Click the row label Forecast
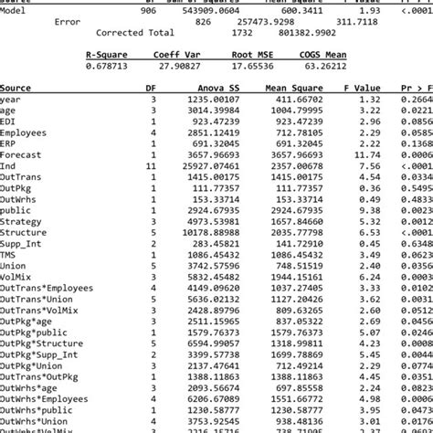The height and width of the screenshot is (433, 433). pos(20,155)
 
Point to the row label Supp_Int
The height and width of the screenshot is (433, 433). pos(21,244)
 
